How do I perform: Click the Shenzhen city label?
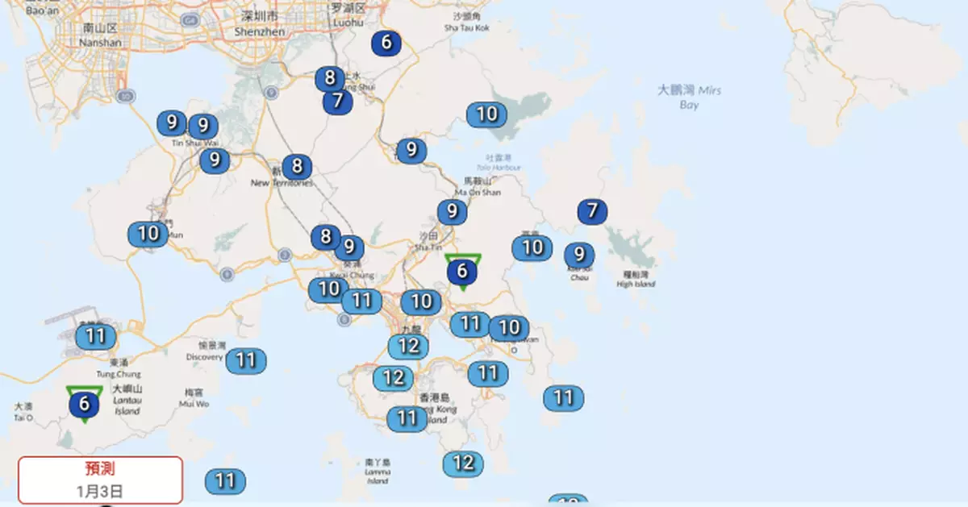[x=260, y=24]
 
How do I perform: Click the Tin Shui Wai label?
[x=190, y=143]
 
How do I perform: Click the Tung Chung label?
[x=119, y=374]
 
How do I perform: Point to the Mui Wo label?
[x=194, y=403]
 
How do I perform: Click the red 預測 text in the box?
[x=101, y=469]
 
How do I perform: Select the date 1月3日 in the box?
[x=101, y=490]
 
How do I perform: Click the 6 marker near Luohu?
[x=386, y=43]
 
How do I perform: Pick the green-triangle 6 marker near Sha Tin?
[x=462, y=272]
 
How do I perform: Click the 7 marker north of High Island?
[x=592, y=212]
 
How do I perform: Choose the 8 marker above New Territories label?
[x=297, y=167]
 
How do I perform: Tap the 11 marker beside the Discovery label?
[x=245, y=360]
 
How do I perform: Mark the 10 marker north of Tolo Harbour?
[x=486, y=114]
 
